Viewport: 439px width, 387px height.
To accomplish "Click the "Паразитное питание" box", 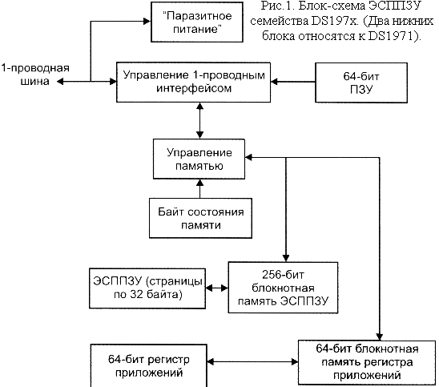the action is [197, 22].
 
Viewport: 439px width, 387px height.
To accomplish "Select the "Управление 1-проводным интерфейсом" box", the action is [193, 82].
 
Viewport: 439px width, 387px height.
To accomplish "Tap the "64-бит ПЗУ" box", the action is [361, 83].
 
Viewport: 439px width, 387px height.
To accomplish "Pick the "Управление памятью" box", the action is [199, 159].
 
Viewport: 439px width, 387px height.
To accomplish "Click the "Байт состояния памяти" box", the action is [200, 219].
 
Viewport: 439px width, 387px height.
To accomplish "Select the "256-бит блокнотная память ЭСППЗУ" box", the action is [283, 288].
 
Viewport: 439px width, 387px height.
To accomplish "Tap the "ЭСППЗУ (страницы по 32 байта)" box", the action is [147, 288].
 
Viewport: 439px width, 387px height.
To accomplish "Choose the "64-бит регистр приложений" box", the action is [149, 365].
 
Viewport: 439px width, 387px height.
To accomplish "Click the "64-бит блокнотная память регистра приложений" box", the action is [367, 362].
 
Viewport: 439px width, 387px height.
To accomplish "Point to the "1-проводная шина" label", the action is [35, 75].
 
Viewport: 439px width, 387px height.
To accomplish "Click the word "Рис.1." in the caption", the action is [276, 6].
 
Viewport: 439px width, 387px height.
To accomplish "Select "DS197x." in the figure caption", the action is [335, 21].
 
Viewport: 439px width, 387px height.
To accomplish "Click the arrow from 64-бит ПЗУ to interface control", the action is [293, 82].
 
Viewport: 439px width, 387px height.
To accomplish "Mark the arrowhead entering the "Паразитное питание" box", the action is [147, 21].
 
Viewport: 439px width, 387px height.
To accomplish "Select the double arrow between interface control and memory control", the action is [199, 121].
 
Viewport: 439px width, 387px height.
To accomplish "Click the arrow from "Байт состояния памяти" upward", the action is [200, 189].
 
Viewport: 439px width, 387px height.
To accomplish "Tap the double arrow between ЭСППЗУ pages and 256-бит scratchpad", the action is [217, 288].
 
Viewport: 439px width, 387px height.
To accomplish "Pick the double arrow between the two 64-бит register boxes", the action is [252, 362].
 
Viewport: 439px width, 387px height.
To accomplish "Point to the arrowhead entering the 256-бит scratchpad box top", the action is [285, 258].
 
